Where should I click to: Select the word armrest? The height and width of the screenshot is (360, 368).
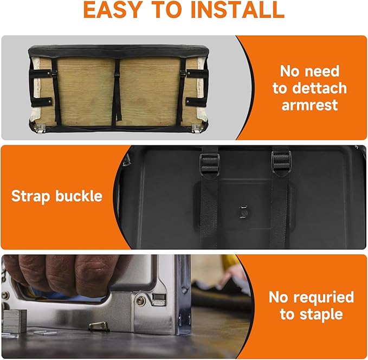tap(309, 105)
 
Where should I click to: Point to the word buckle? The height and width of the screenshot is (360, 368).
tap(79, 196)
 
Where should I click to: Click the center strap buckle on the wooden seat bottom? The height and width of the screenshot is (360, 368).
tap(116, 75)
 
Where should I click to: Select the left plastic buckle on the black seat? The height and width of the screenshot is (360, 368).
tap(209, 164)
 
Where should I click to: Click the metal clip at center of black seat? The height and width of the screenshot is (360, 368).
tap(243, 212)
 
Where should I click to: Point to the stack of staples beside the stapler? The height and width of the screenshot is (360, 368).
tap(14, 321)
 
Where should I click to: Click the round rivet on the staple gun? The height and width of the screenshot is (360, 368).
tap(140, 300)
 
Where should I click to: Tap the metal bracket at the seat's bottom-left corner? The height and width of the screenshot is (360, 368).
tap(40, 128)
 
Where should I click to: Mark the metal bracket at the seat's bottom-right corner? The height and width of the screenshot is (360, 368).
tap(196, 128)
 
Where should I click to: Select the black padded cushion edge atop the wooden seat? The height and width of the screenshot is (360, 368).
tap(119, 51)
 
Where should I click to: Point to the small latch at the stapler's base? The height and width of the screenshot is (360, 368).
tap(99, 326)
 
